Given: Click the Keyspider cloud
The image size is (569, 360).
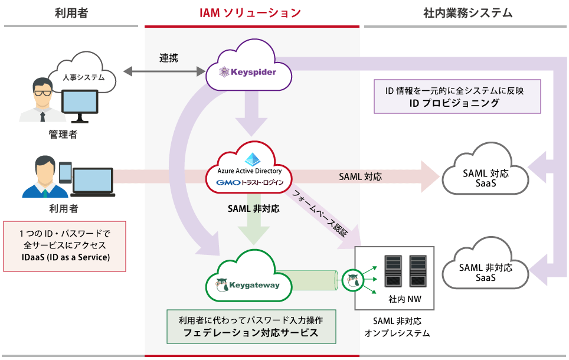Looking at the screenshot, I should (x=248, y=70).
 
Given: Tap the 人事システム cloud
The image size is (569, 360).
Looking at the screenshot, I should (x=83, y=74).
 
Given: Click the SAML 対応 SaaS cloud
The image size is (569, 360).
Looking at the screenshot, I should (x=485, y=174).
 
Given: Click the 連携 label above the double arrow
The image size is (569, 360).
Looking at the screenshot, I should (x=168, y=58).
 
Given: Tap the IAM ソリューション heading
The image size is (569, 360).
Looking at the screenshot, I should (x=251, y=12).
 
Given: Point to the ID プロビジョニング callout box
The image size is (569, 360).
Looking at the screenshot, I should (x=457, y=97).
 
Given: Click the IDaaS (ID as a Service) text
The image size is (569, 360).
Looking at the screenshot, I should (x=64, y=258).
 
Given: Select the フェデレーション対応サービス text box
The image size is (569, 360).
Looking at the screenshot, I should (x=251, y=326).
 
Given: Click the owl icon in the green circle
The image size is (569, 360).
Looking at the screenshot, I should (x=353, y=279).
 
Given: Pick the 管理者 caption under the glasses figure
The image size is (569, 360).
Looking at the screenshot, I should (x=63, y=135).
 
